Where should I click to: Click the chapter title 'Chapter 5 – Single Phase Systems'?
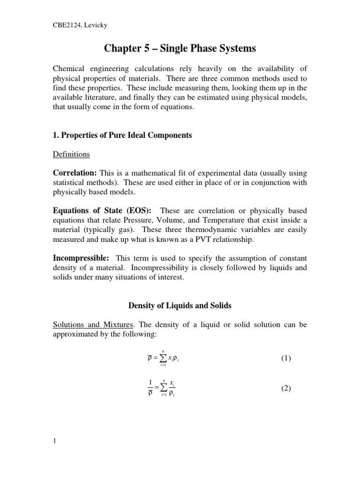180,49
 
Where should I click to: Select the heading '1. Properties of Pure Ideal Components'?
122,135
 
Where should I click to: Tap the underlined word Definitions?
71,154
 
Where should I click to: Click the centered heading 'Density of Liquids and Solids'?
180,306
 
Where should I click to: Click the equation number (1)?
286,359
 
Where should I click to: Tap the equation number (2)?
286,389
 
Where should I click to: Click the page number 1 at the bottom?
54,441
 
